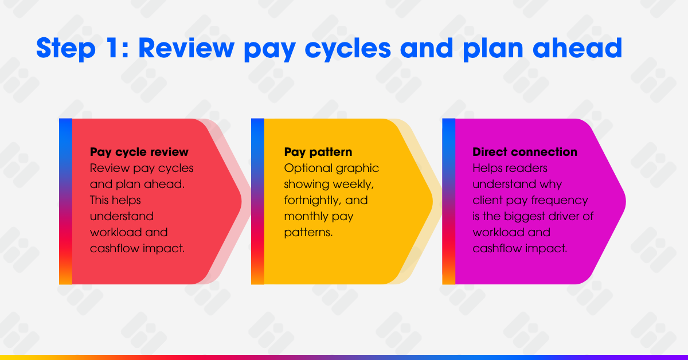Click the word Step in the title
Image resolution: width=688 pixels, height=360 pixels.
[x=66, y=48]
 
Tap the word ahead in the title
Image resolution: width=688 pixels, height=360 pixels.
[x=577, y=48]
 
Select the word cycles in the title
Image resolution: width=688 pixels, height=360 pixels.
[x=347, y=49]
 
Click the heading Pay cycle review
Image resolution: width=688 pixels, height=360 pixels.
[x=139, y=152]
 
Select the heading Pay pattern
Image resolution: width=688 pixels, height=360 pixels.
[x=318, y=152]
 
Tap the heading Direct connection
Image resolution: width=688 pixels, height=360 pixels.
[x=525, y=152]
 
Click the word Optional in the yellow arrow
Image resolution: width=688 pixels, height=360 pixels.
[x=308, y=169]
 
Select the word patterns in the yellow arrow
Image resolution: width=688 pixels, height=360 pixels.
[x=308, y=233]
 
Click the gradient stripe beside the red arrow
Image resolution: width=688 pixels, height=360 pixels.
[x=66, y=202]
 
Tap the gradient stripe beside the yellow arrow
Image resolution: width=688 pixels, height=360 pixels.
[x=257, y=202]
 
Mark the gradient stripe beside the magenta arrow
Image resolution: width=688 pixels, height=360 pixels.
[x=449, y=202]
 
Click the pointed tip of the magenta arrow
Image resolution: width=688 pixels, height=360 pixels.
[x=626, y=202]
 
